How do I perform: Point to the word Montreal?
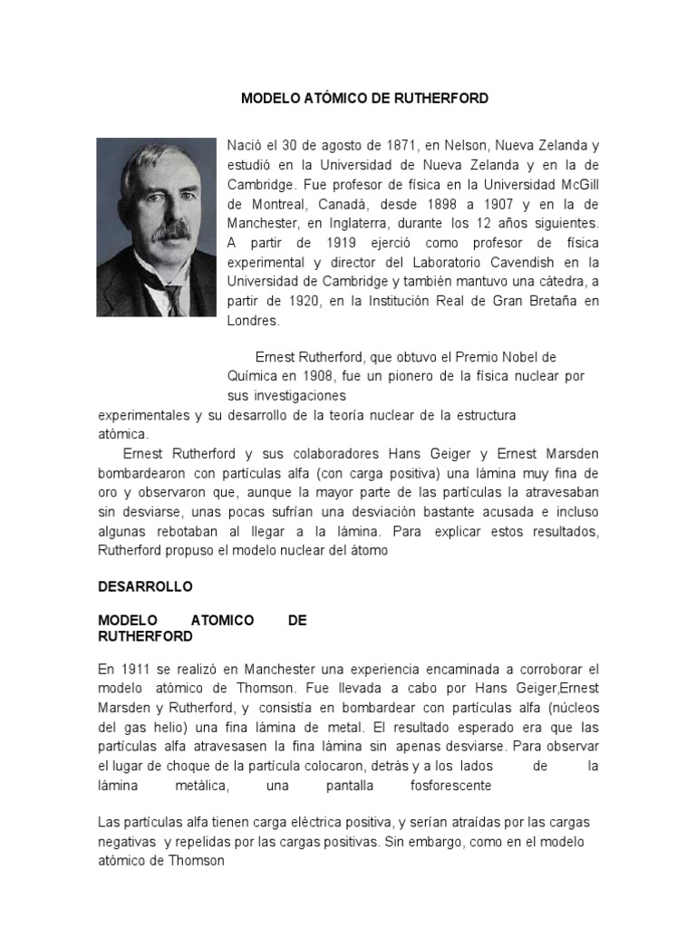coord(267,204)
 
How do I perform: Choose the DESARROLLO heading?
coord(145,586)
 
